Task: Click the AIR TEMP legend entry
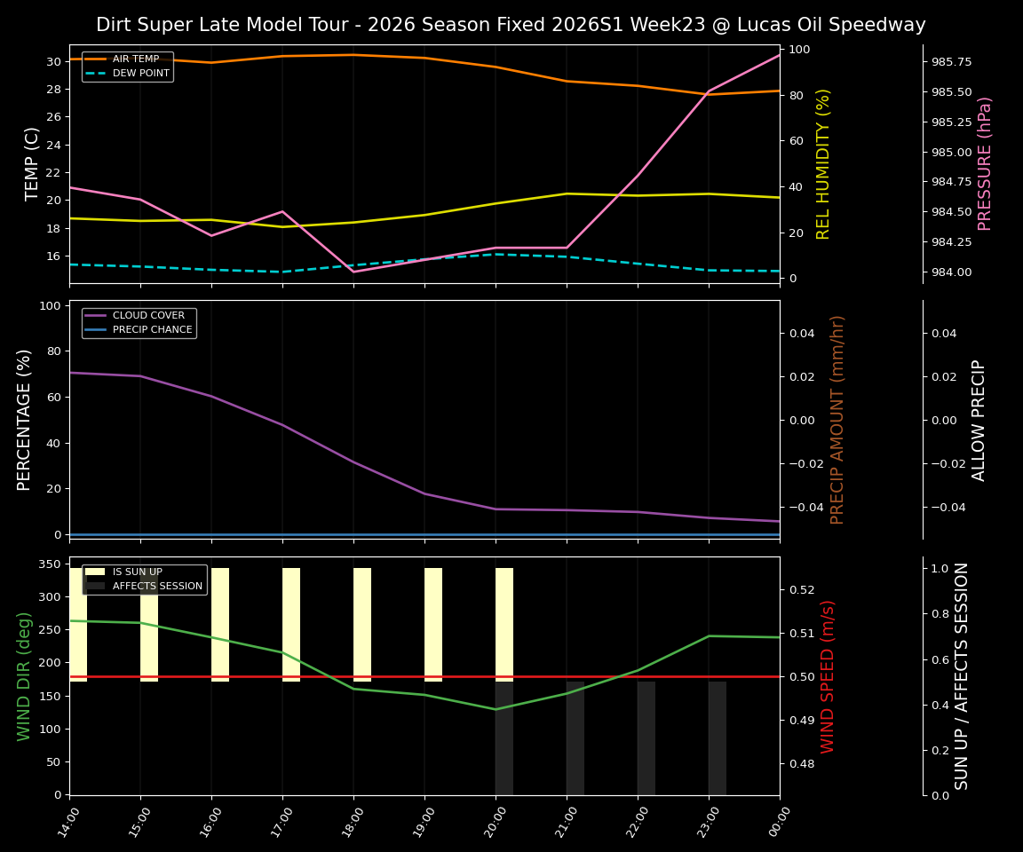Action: (136, 59)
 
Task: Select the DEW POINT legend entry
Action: (140, 74)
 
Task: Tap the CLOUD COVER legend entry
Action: (148, 316)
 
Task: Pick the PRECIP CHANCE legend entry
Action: (152, 330)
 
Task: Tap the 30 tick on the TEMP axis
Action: (52, 61)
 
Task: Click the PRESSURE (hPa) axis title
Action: (985, 163)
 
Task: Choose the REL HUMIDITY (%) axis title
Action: (823, 163)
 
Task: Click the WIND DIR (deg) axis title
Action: (24, 675)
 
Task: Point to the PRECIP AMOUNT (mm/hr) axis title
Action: (837, 419)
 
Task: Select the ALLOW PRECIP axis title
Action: (979, 419)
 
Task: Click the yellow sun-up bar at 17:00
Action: (291, 625)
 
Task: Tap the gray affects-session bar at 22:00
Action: (646, 738)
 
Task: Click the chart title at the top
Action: (511, 25)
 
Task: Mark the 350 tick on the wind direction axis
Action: (52, 564)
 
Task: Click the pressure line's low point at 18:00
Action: (353, 272)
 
